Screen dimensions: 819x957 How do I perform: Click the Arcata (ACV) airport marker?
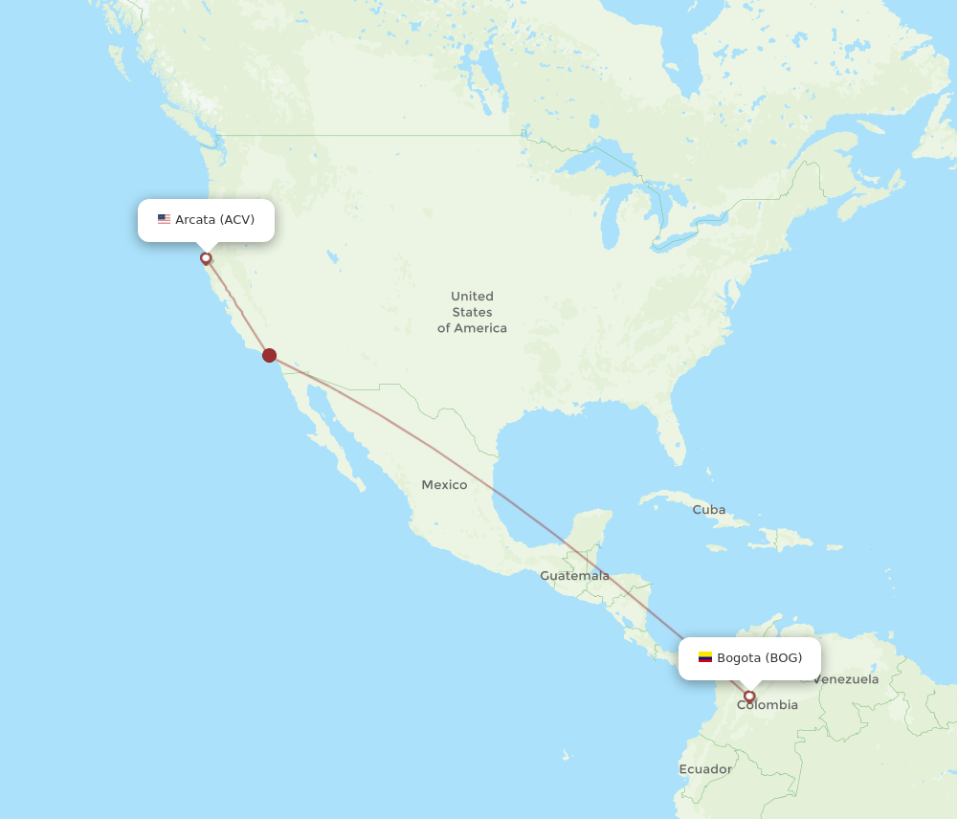click(206, 258)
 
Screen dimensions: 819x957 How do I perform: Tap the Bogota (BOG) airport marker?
click(749, 697)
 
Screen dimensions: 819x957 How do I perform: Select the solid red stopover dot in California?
click(270, 356)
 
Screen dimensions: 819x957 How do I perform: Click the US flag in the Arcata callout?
click(164, 219)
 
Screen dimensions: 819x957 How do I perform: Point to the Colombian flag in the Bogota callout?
click(705, 657)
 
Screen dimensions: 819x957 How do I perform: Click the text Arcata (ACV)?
click(214, 219)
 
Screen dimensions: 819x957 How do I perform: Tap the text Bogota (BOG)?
click(759, 657)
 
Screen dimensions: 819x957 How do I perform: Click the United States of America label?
click(472, 312)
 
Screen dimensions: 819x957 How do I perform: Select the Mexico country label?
click(444, 485)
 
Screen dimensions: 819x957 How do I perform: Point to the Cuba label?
click(709, 510)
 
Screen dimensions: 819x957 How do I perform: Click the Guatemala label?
click(574, 576)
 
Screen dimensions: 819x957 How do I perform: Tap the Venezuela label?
click(846, 679)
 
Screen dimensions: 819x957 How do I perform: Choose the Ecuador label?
click(705, 769)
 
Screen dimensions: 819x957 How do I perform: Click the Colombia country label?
click(768, 705)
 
